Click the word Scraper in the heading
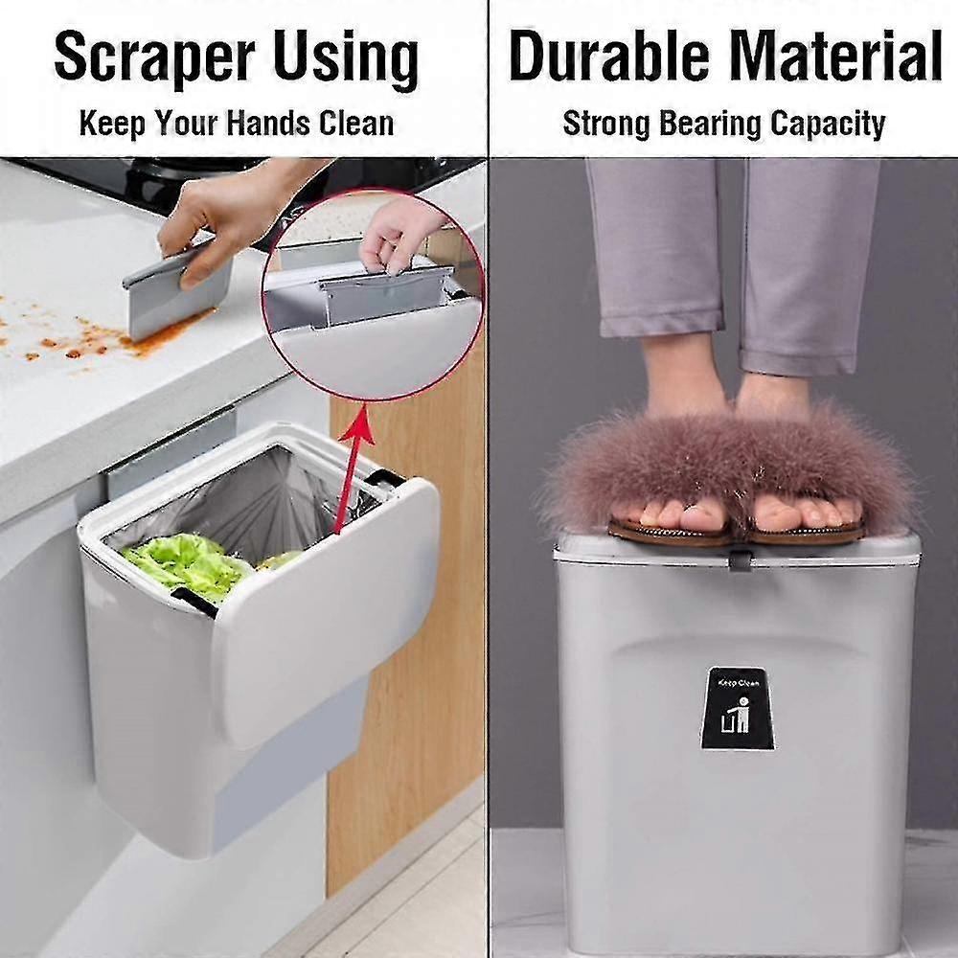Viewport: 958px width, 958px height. click(159, 60)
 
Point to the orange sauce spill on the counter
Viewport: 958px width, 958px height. click(86, 340)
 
